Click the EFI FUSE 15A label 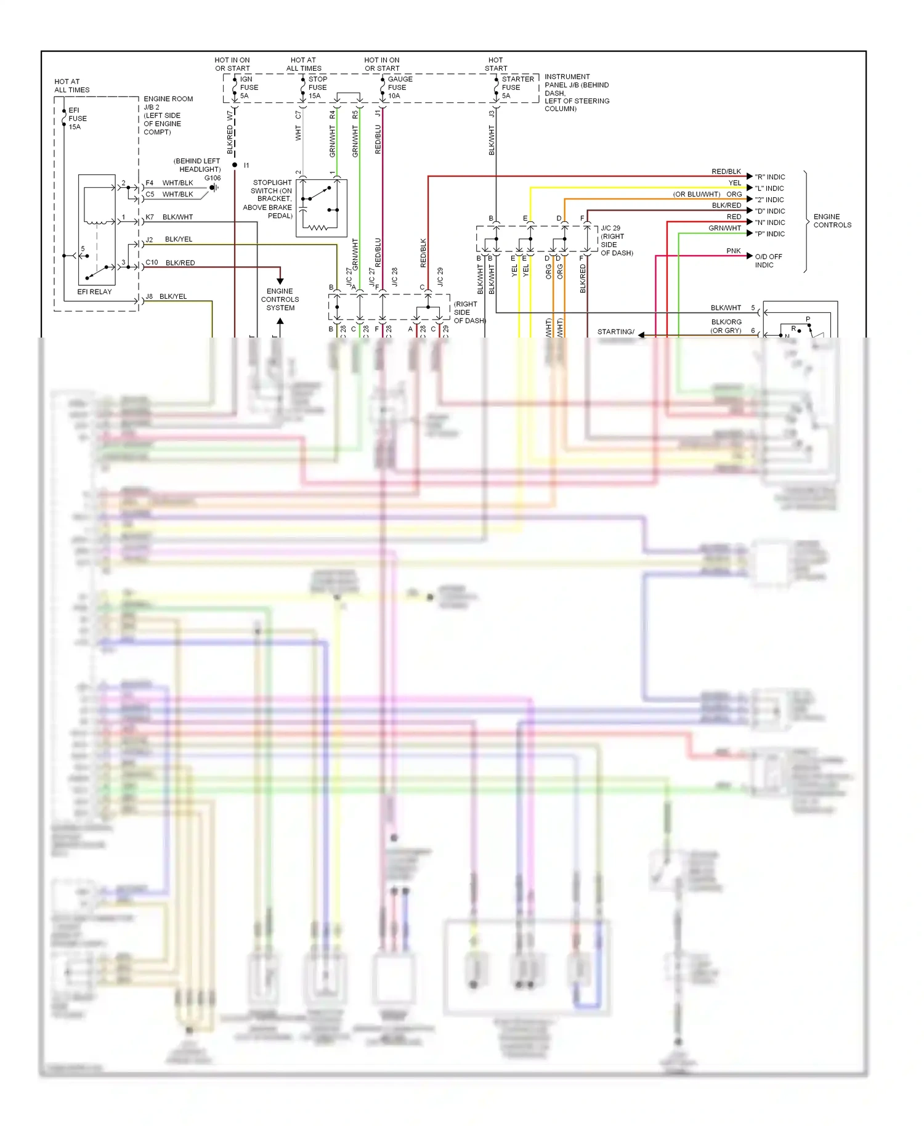pyautogui.click(x=77, y=118)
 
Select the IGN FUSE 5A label pyautogui.click(x=248, y=87)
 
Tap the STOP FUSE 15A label pyautogui.click(x=317, y=87)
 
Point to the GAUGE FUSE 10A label pyautogui.click(x=399, y=87)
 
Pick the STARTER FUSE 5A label pyautogui.click(x=516, y=87)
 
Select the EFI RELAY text pyautogui.click(x=94, y=292)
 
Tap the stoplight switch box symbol pyautogui.click(x=321, y=208)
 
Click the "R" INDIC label pyautogui.click(x=769, y=177)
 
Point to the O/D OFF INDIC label pyautogui.click(x=768, y=261)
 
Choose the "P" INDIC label pyautogui.click(x=769, y=234)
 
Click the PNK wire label pyautogui.click(x=733, y=251)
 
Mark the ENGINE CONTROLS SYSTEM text pyautogui.click(x=280, y=299)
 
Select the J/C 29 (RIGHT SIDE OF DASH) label pyautogui.click(x=616, y=240)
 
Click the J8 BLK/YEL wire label pyautogui.click(x=167, y=296)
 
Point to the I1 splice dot pyautogui.click(x=235, y=165)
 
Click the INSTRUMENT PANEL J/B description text pyautogui.click(x=576, y=92)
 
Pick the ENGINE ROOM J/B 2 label pyautogui.click(x=167, y=115)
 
